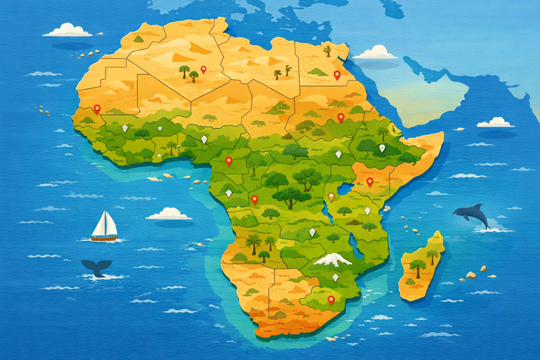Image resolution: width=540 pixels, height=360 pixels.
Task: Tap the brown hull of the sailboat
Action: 104,238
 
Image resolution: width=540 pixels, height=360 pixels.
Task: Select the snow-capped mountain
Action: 332,260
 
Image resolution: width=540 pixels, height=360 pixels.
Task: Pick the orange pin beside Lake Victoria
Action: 331,196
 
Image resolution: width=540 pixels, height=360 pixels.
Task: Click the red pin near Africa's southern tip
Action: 330,300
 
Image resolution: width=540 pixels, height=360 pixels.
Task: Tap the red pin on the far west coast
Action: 97,109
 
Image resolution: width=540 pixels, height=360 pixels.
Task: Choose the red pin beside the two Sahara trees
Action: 203,69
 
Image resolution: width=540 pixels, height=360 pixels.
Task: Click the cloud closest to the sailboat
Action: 169,213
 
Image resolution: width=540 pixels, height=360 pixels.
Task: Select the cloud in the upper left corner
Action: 67,30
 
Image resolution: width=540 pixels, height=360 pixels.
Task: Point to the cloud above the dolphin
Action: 496,122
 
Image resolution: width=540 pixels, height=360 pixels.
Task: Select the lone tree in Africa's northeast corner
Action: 328,51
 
